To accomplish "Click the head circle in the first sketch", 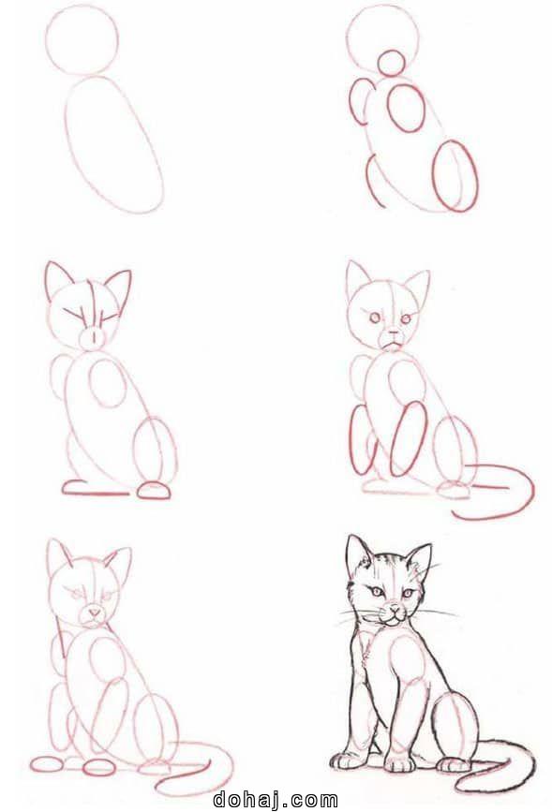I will coord(82,39).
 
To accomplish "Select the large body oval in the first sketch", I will coord(113,145).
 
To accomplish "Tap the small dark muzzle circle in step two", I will coord(390,63).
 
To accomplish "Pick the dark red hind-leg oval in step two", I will coord(456,176).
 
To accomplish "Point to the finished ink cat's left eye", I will coord(377,592).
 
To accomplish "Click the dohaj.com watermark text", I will coord(276,799).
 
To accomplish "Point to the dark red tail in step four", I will coord(506,492).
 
